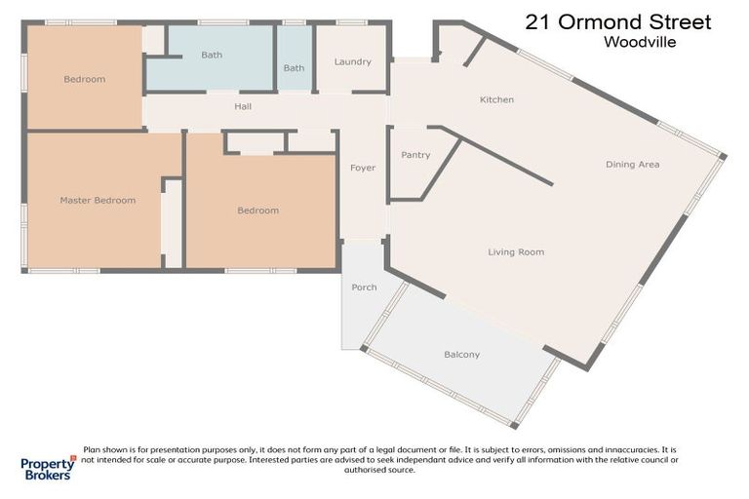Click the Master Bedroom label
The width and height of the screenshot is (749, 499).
click(x=98, y=200)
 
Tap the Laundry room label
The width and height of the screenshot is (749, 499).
click(x=352, y=61)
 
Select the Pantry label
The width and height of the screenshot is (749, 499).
click(x=415, y=155)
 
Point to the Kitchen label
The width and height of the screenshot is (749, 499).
click(x=496, y=99)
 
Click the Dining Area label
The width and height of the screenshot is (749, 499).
click(x=632, y=165)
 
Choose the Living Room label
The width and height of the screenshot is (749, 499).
click(x=516, y=251)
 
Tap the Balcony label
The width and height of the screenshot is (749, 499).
click(x=461, y=355)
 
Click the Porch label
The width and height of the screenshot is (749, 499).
click(x=364, y=287)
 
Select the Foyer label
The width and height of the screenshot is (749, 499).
click(x=363, y=168)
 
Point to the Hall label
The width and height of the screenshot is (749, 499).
click(x=244, y=105)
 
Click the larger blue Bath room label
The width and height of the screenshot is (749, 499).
click(x=212, y=56)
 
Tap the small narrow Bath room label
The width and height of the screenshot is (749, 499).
click(x=294, y=68)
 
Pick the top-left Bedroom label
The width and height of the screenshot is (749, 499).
click(x=84, y=79)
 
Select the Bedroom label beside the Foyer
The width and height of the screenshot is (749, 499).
click(x=257, y=210)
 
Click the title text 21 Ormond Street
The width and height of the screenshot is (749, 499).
click(x=618, y=21)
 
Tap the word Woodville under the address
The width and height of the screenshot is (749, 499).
click(x=640, y=42)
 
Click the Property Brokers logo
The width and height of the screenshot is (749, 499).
click(x=48, y=467)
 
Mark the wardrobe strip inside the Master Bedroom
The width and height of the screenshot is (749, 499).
click(x=173, y=224)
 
